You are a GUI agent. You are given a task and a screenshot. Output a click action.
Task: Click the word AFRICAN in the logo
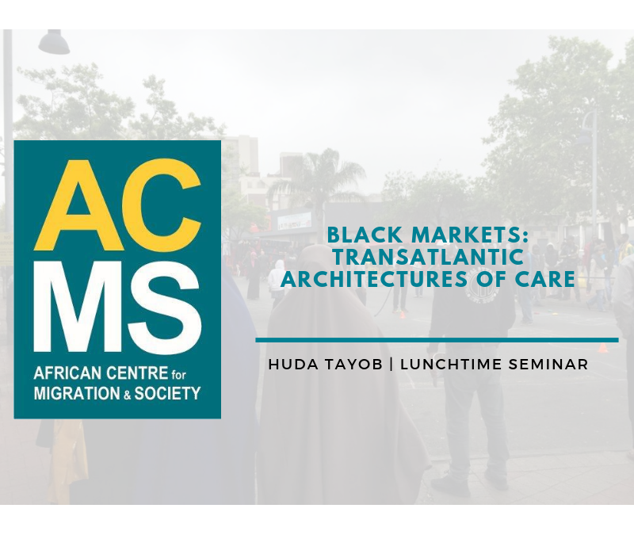(x=65, y=374)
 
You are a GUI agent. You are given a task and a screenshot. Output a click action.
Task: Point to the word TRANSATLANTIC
(x=428, y=258)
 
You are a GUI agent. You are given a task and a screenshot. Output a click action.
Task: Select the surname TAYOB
(x=352, y=365)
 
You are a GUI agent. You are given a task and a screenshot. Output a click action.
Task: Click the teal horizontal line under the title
(x=437, y=340)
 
